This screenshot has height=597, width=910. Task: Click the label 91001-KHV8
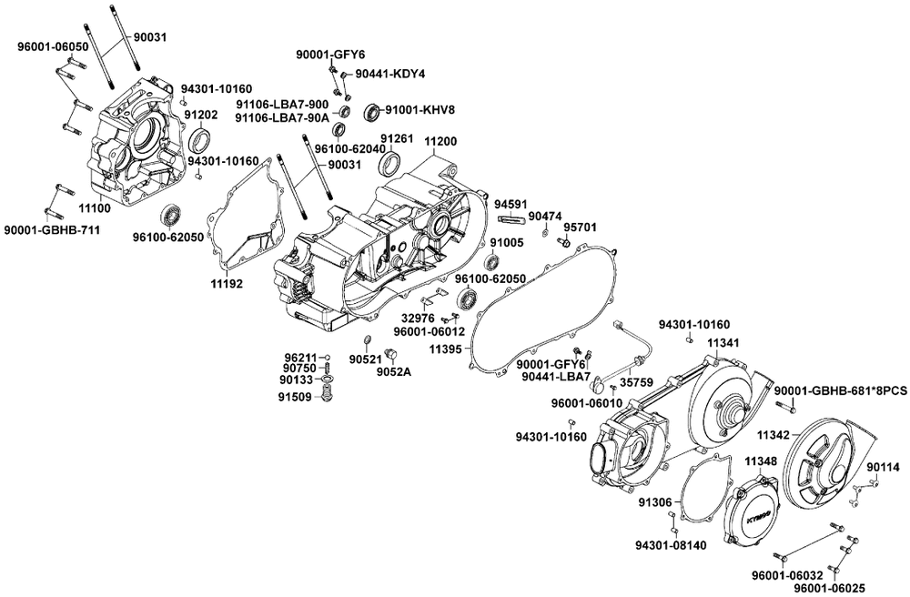(x=419, y=110)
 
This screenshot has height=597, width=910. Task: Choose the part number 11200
(x=440, y=143)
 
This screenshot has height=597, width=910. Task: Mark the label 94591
(x=511, y=205)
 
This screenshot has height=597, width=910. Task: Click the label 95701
(x=580, y=227)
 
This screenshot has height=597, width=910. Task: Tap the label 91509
(x=297, y=397)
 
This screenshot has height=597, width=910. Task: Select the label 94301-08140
(x=671, y=545)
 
